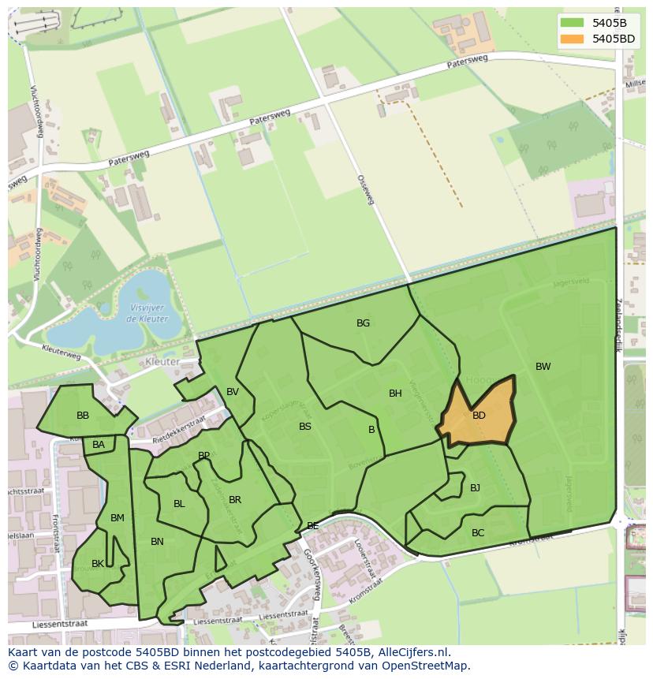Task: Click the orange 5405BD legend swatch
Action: click(572, 39)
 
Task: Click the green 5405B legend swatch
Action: click(572, 23)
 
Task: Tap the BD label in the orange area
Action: click(479, 416)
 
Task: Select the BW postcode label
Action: click(543, 367)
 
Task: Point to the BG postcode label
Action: click(363, 323)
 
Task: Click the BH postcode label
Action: click(395, 394)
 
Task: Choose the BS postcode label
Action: click(305, 427)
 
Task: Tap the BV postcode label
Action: click(232, 392)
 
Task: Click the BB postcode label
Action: click(83, 416)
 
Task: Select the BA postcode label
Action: click(99, 445)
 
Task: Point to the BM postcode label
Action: click(118, 518)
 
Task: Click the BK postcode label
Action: click(98, 564)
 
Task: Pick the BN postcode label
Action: click(157, 542)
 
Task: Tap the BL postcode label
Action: click(179, 504)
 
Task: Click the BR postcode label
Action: click(235, 500)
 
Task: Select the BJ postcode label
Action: click(475, 488)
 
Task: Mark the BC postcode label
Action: click(478, 533)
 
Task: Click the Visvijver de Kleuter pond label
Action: click(146, 314)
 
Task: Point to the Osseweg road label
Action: click(365, 190)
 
